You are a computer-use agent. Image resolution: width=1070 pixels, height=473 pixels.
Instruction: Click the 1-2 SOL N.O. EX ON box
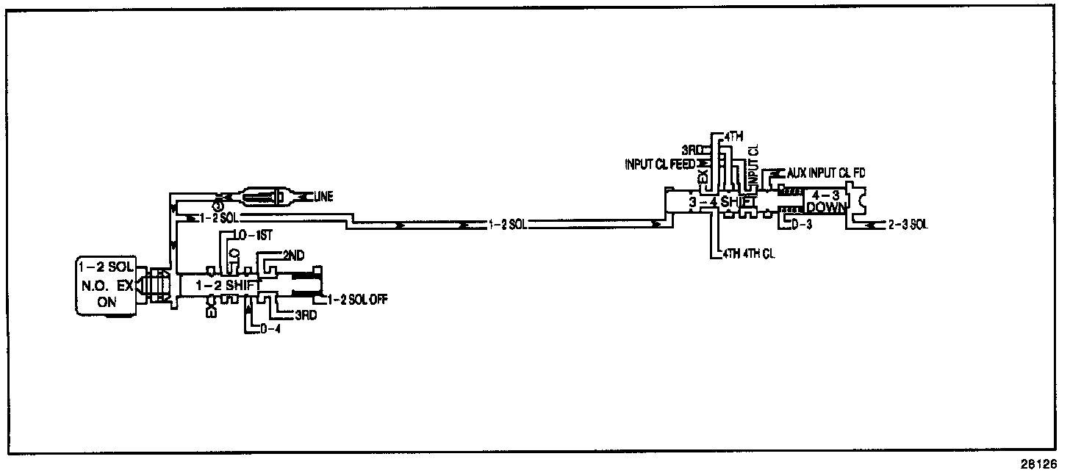click(106, 285)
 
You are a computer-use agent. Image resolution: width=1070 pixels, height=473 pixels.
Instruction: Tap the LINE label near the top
click(323, 197)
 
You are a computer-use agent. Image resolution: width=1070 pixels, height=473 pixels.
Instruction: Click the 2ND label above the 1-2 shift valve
click(295, 254)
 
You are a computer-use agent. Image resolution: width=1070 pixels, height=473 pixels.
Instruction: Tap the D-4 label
click(271, 329)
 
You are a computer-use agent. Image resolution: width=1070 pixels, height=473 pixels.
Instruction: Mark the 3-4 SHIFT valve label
click(719, 201)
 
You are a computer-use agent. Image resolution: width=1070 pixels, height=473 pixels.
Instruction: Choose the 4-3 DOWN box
click(826, 200)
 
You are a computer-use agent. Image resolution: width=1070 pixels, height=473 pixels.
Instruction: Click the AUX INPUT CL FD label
click(826, 173)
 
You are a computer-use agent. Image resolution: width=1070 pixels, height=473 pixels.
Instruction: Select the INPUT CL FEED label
click(658, 163)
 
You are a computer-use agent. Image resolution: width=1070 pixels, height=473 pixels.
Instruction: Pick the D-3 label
click(804, 223)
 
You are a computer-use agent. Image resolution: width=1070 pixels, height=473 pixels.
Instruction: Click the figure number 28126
click(1037, 463)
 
